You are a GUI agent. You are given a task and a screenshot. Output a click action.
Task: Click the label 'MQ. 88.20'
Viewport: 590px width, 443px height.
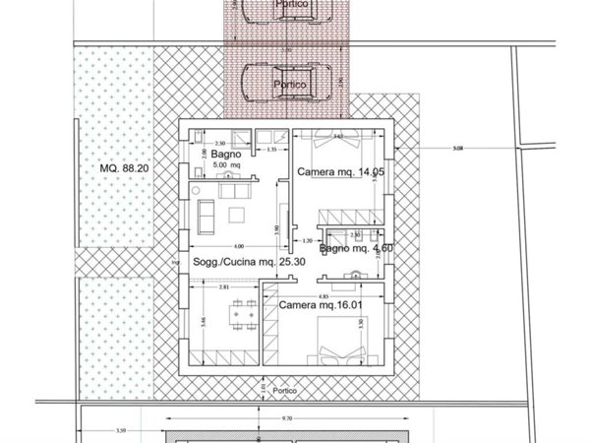coord(125,168)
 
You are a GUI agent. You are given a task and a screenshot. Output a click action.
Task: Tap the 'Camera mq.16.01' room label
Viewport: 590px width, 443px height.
coord(322,306)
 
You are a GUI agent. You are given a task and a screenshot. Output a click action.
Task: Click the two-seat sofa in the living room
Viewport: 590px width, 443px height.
coord(206,213)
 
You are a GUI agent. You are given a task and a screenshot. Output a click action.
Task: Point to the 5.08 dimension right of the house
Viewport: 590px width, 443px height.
coord(456,151)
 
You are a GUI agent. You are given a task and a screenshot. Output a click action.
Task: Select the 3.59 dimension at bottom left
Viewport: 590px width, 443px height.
coord(120,429)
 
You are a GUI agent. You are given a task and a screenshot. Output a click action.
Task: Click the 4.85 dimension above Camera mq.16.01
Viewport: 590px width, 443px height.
coord(324,294)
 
